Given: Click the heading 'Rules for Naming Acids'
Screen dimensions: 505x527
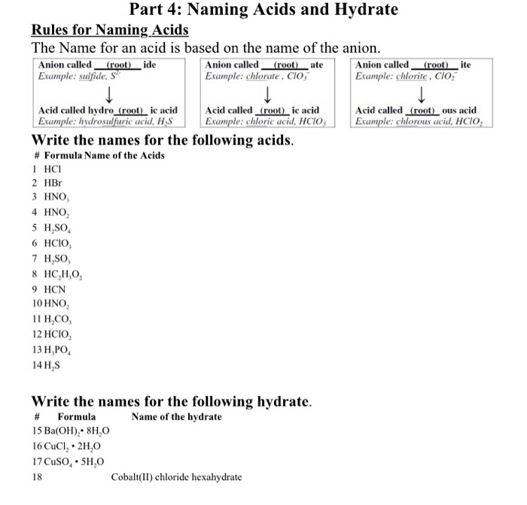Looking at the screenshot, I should click(x=109, y=30).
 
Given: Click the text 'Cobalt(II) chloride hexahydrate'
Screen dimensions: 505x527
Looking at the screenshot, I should click(x=176, y=476).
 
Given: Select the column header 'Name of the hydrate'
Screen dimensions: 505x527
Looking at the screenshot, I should click(x=176, y=416).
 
